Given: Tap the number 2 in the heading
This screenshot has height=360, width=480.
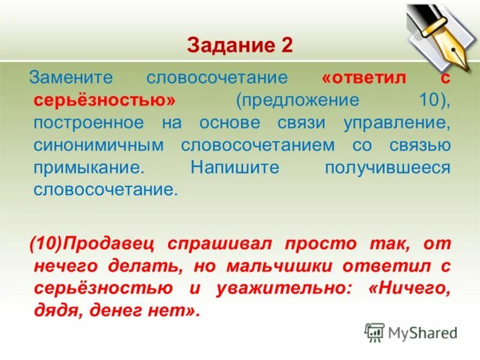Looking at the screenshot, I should pyautogui.click(x=286, y=46).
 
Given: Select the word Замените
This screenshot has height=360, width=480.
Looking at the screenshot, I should pyautogui.click(x=74, y=78).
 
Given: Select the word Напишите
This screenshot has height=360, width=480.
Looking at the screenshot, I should pyautogui.click(x=235, y=168).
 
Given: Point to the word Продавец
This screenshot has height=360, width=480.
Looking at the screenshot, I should pyautogui.click(x=110, y=244).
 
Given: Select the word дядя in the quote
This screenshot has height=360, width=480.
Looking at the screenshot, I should pyautogui.click(x=57, y=312).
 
